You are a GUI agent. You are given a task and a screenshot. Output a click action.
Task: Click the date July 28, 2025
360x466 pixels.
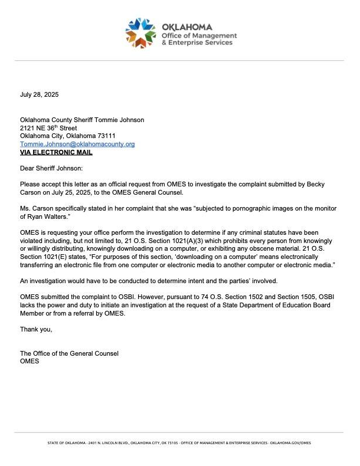click(40, 94)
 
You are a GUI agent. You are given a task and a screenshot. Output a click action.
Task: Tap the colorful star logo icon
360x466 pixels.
click(140, 32)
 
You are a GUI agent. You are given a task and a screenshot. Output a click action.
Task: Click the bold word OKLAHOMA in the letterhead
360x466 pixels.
click(186, 27)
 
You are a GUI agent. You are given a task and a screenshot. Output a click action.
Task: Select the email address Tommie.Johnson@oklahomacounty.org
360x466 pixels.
click(77, 144)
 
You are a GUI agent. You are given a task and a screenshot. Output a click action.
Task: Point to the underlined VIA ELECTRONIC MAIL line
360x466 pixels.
click(56, 152)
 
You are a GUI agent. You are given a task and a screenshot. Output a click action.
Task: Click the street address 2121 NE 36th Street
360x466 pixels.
click(48, 128)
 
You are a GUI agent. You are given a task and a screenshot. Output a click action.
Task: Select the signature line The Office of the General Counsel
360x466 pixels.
click(69, 353)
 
